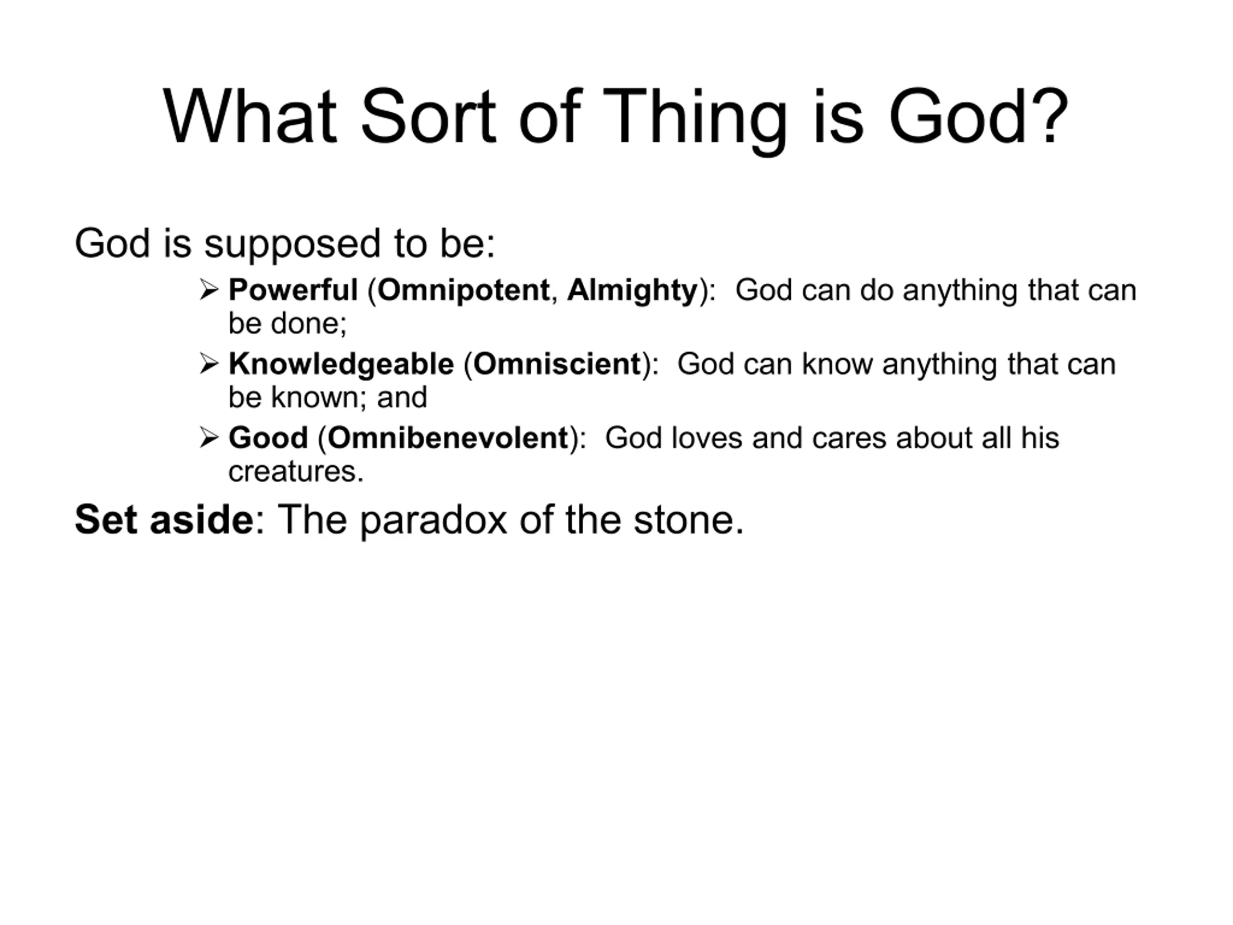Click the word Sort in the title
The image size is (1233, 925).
click(428, 117)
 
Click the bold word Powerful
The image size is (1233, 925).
click(293, 290)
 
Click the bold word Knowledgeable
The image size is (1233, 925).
click(341, 365)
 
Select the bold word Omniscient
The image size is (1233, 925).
click(557, 364)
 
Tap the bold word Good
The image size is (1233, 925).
click(268, 437)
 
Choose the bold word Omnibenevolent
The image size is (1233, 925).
click(447, 437)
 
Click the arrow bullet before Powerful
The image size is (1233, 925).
click(209, 290)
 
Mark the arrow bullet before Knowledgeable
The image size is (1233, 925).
click(209, 364)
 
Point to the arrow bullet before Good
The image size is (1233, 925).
click(209, 437)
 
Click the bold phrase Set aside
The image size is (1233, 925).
click(164, 520)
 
